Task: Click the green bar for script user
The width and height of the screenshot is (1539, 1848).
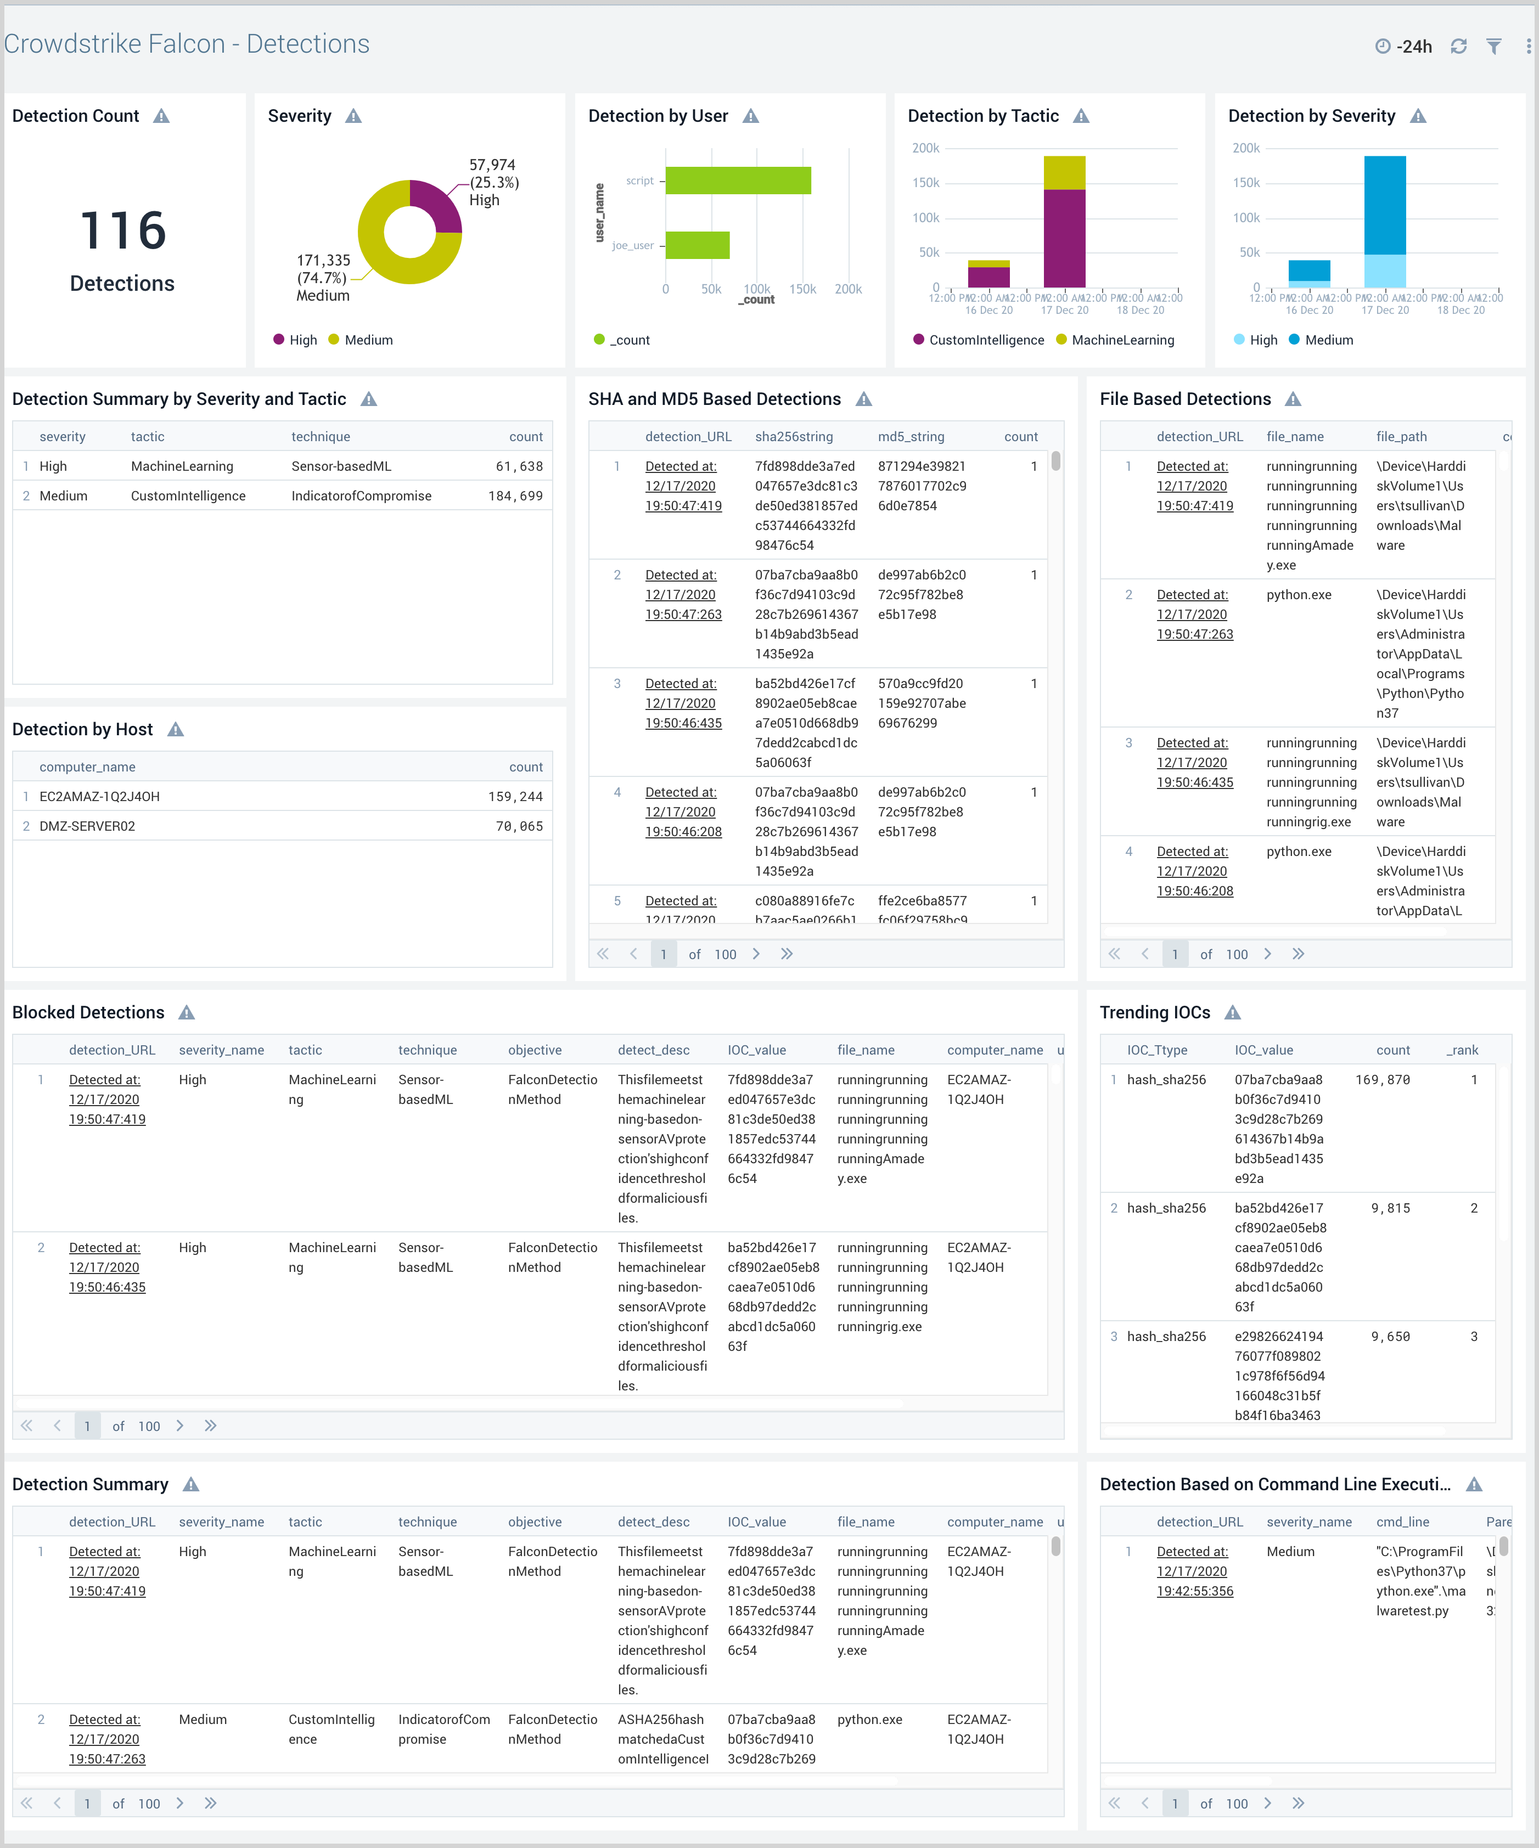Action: tap(738, 181)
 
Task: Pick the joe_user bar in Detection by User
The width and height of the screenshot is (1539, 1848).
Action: tap(697, 245)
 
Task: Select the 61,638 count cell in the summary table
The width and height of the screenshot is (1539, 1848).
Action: tap(519, 466)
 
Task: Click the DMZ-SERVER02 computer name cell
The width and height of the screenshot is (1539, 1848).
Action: tap(87, 826)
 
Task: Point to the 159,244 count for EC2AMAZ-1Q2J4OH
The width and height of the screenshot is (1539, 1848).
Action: tap(515, 796)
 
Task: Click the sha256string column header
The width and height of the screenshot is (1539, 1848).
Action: tap(793, 436)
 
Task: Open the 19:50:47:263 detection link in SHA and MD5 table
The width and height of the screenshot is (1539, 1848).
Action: tap(683, 614)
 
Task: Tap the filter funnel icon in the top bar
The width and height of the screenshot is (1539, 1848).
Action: tap(1494, 46)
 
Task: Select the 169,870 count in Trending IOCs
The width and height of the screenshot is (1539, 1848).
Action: tap(1382, 1080)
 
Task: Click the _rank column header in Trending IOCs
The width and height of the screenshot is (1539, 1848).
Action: tap(1462, 1050)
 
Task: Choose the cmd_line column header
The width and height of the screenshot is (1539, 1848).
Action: tap(1402, 1522)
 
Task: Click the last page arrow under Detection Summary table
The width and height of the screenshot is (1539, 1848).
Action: tap(210, 1803)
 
